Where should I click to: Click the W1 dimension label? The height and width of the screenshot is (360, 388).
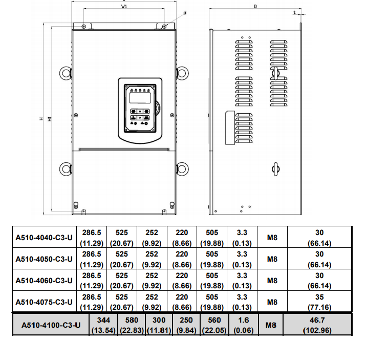click(x=124, y=7)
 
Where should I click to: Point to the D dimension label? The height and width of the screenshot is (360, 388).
click(x=255, y=7)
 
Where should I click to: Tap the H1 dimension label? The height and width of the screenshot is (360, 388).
click(x=50, y=119)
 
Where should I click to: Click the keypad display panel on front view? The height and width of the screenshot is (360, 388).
click(x=140, y=97)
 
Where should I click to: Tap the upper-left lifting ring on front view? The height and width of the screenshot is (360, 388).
click(x=64, y=73)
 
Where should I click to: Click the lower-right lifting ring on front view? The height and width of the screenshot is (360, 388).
click(x=183, y=168)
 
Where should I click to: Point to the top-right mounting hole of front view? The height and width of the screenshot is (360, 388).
click(x=164, y=26)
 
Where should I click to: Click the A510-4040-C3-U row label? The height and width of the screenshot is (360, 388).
click(x=44, y=237)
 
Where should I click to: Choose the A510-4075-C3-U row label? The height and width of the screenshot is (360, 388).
click(x=44, y=302)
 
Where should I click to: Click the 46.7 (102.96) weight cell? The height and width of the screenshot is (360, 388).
click(x=318, y=325)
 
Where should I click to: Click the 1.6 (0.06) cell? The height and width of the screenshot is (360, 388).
click(x=242, y=325)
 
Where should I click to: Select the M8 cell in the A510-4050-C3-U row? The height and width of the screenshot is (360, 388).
click(x=272, y=259)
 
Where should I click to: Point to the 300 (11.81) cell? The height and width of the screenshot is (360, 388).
click(x=159, y=325)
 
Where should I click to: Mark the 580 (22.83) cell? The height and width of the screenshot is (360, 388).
click(x=132, y=325)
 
